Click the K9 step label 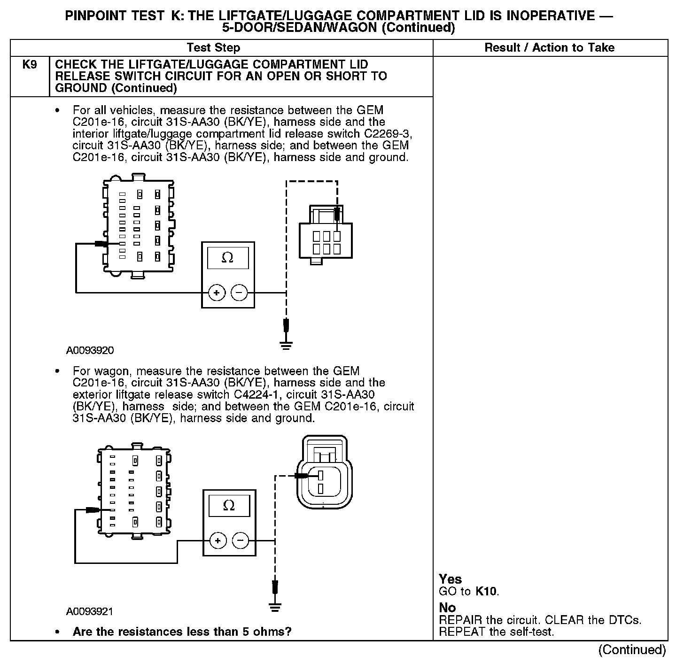tap(30, 65)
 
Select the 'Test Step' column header tap(213, 47)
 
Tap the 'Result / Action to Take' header tap(549, 47)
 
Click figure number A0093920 tap(90, 351)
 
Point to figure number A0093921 tap(90, 611)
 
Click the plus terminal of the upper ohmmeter tap(217, 293)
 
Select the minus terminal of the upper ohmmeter tap(239, 293)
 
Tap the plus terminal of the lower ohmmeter tap(218, 541)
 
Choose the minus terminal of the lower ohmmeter tap(241, 541)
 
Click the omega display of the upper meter tap(227, 258)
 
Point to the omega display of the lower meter tap(229, 505)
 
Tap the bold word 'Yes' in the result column tap(450, 579)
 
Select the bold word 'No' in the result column tap(447, 608)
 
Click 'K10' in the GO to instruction tap(486, 591)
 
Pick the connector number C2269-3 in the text tap(388, 134)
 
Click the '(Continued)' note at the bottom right tap(632, 650)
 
